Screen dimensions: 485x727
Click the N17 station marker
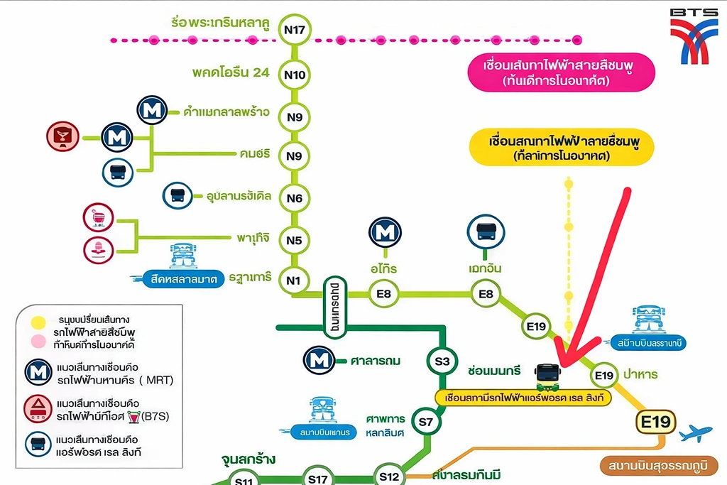[x=294, y=30]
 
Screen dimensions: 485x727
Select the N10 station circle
[x=294, y=74]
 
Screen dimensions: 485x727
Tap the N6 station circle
[x=294, y=199]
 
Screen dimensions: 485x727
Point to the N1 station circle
[x=294, y=280]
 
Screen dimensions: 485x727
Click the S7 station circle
[x=425, y=423]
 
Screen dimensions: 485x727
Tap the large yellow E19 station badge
[x=655, y=422]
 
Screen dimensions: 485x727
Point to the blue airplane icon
[x=695, y=433]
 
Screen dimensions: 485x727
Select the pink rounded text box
[x=561, y=72]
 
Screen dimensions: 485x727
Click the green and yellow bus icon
[x=547, y=376]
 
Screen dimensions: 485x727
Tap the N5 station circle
[x=294, y=240]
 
